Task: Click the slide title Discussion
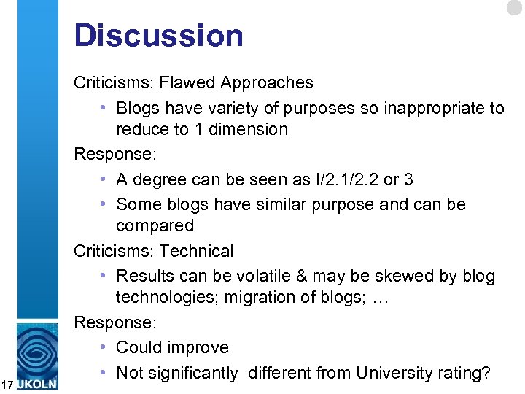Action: point(158,35)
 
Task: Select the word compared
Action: point(155,225)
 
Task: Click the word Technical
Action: point(196,251)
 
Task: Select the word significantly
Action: point(193,374)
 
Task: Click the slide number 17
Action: point(7,384)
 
